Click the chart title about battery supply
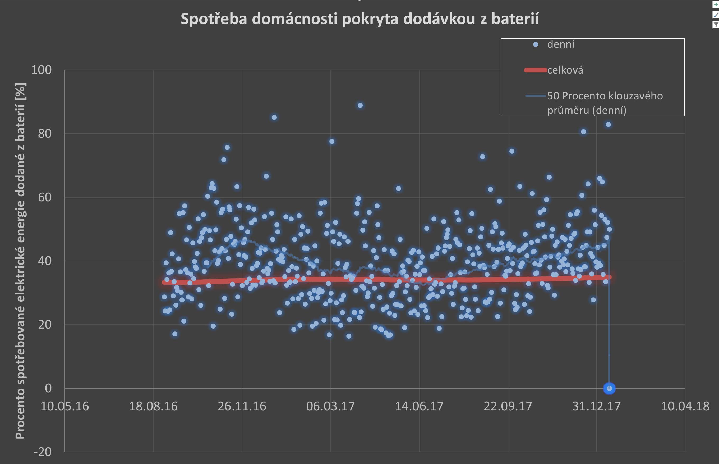point(359,19)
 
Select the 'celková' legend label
point(565,70)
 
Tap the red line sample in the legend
point(535,70)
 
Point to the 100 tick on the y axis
point(42,70)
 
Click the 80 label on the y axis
point(45,134)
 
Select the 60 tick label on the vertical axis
point(45,197)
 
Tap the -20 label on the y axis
point(43,452)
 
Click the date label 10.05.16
point(65,406)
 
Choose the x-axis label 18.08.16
point(153,406)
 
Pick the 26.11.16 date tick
point(242,406)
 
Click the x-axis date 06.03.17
point(330,406)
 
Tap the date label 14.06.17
point(419,406)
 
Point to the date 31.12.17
point(596,406)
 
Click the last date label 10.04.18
point(685,406)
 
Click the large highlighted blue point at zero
point(609,388)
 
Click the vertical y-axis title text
point(20,261)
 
